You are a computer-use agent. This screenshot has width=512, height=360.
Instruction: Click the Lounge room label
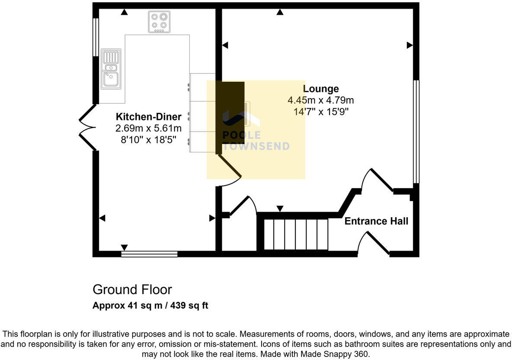point(320,89)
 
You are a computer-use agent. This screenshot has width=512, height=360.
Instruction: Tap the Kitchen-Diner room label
point(148,116)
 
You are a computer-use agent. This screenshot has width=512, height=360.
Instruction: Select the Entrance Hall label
point(376,222)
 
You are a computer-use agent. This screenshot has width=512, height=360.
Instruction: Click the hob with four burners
point(159,22)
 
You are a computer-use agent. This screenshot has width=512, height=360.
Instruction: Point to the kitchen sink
point(111,69)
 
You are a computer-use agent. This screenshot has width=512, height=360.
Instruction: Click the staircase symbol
point(296,234)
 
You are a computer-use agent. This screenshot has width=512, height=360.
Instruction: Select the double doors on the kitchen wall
point(87,127)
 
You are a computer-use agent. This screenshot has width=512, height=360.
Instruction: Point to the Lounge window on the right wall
point(416,132)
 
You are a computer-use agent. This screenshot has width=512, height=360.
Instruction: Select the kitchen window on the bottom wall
point(150,254)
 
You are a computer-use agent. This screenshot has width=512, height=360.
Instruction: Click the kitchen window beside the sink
point(96,37)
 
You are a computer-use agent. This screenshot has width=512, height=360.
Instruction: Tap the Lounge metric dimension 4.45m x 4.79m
point(320,100)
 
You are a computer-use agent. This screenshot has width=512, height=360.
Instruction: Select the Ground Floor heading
point(132,289)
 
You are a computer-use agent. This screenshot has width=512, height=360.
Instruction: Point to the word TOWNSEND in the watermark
point(256,146)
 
